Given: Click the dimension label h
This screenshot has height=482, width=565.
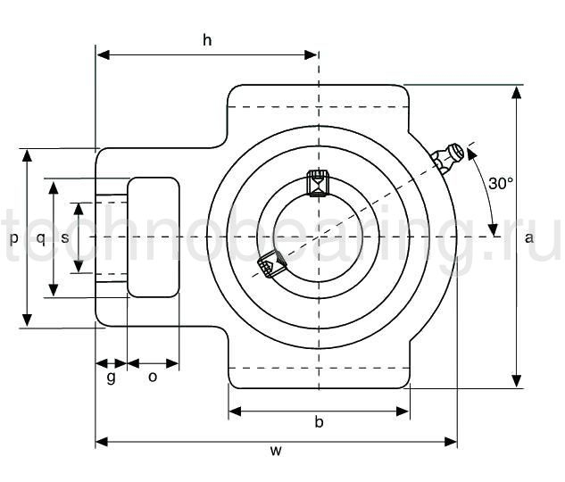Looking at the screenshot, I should (x=207, y=39).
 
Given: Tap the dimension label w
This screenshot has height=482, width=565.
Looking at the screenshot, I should (x=276, y=451).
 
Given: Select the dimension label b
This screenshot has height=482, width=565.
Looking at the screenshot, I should (x=319, y=421).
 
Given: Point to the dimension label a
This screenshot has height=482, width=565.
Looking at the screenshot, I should (x=529, y=237).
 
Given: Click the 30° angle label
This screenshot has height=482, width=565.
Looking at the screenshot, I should (x=501, y=183).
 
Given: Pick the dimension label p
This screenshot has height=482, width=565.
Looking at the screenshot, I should (x=13, y=239).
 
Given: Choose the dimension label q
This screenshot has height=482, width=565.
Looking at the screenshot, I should (x=40, y=237).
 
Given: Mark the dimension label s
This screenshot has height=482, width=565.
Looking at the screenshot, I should (x=65, y=237).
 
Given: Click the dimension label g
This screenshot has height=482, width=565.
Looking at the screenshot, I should (x=111, y=377).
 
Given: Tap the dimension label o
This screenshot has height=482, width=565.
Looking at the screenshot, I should (x=153, y=377).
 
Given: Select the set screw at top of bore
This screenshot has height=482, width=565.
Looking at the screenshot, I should (x=318, y=182).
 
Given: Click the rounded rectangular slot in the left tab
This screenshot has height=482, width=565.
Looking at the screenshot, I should (x=154, y=237).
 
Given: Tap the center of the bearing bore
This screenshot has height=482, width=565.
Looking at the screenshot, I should (x=318, y=237).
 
